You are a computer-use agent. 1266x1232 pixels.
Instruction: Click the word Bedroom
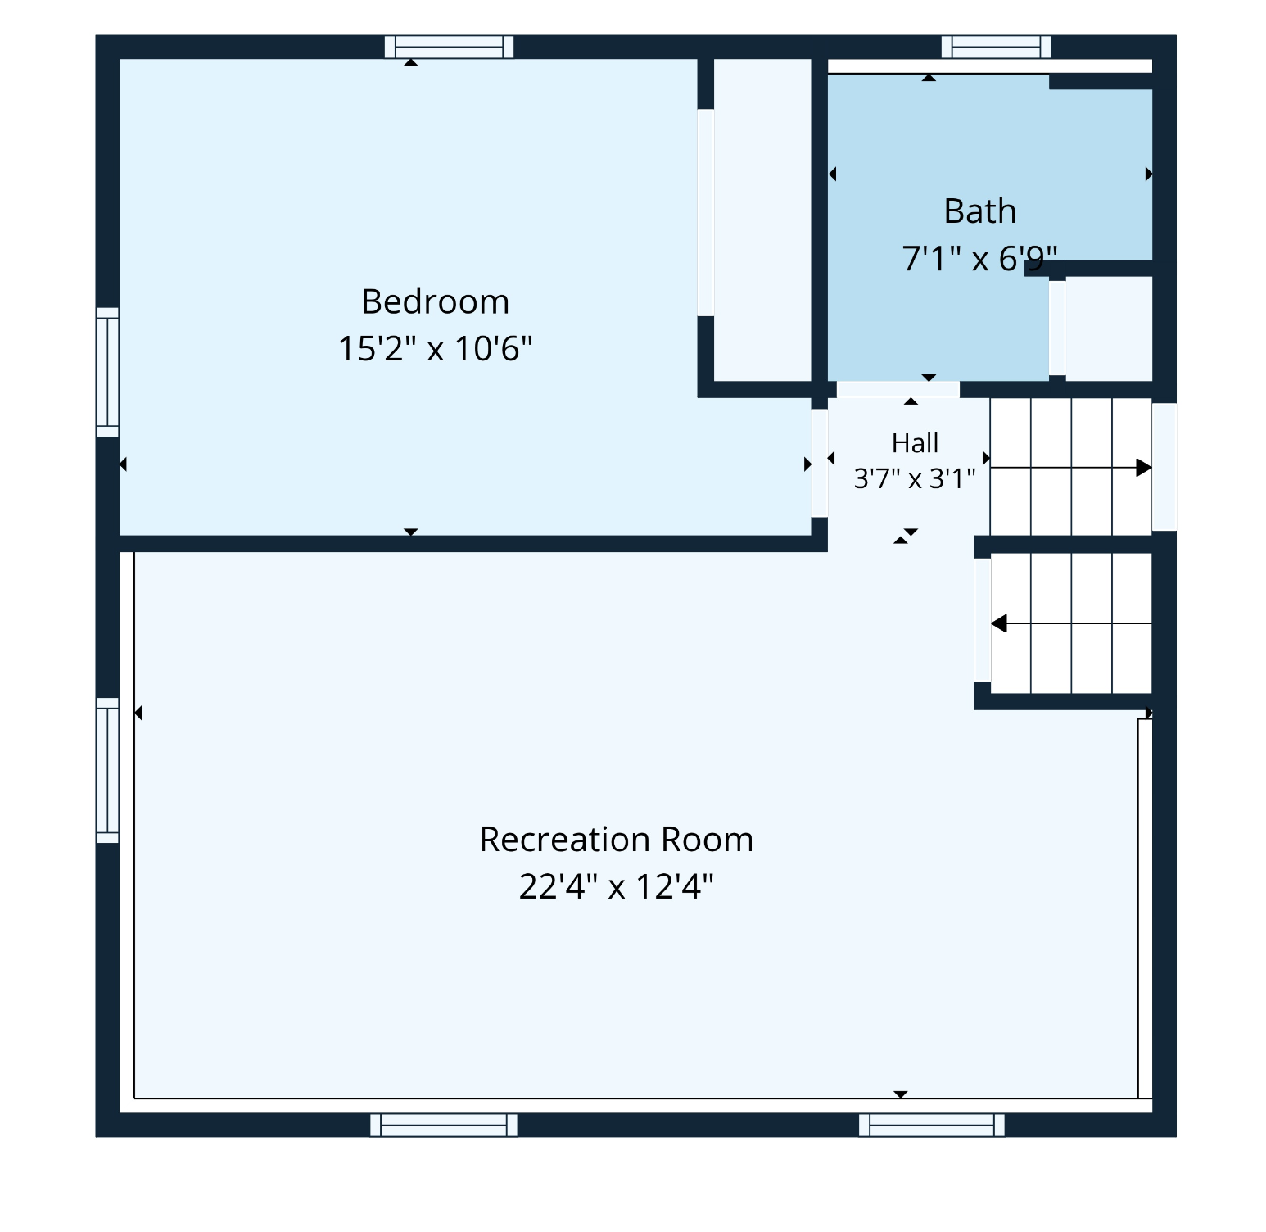click(436, 301)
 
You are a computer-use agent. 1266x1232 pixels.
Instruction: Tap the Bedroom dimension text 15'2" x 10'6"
click(436, 348)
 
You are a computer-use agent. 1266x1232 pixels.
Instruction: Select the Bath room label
click(980, 211)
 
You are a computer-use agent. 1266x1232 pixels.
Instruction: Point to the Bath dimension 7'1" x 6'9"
click(980, 258)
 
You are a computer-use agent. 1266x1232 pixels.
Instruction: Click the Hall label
click(915, 442)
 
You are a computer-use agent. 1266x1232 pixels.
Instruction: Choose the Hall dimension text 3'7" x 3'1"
click(915, 478)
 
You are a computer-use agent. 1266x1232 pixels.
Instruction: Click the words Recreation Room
click(617, 840)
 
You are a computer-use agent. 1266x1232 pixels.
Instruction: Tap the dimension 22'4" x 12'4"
click(617, 886)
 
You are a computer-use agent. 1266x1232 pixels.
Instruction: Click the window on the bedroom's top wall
click(450, 47)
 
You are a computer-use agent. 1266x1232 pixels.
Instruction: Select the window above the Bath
click(997, 47)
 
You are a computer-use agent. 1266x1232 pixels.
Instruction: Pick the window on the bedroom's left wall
click(107, 372)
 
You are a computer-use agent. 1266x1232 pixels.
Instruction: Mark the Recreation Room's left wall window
click(107, 770)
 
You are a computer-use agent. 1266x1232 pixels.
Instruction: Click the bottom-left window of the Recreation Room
click(444, 1125)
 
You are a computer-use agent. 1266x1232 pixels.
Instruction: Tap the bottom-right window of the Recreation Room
click(932, 1125)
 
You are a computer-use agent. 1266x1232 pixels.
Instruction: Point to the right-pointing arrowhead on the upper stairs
click(1144, 468)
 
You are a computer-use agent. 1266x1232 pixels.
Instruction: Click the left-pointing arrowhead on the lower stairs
click(999, 624)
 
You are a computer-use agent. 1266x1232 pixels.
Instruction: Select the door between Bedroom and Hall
click(820, 463)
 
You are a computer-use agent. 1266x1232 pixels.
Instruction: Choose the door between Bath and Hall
click(898, 389)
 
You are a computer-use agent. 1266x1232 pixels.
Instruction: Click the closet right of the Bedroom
click(762, 220)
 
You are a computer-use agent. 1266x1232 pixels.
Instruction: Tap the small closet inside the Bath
click(1109, 328)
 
